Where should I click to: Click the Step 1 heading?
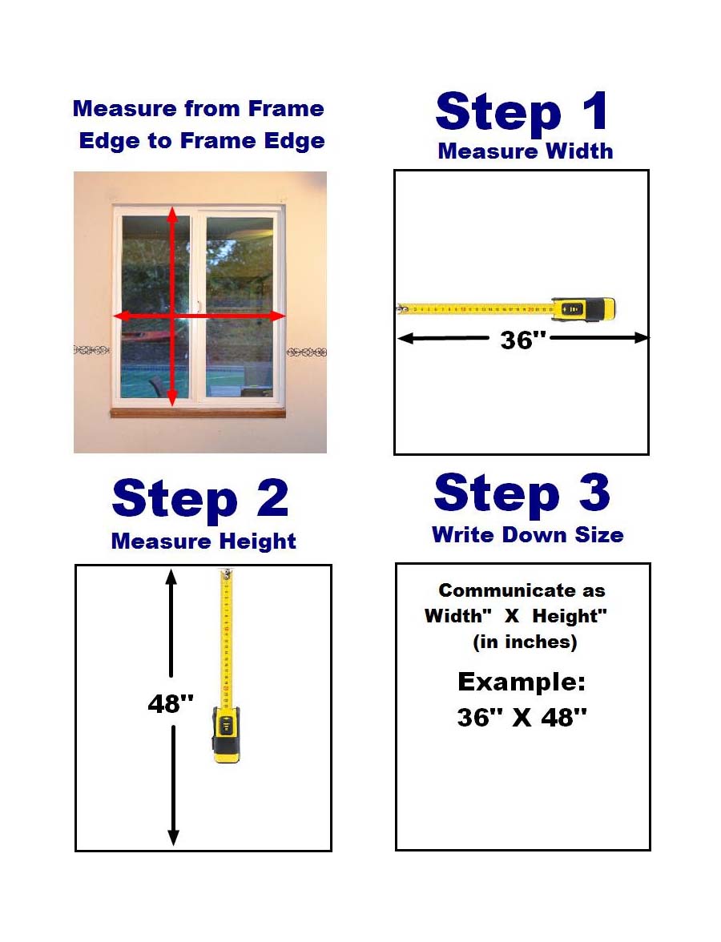click(522, 112)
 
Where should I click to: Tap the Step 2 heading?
click(200, 499)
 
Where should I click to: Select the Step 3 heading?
click(522, 493)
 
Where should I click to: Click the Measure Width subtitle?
click(526, 151)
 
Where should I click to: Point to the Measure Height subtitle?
click(203, 541)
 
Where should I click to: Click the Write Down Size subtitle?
click(527, 535)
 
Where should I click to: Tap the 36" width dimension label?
click(522, 340)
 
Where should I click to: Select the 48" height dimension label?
click(171, 703)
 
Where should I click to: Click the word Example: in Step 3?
click(522, 682)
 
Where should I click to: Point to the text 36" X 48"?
click(522, 718)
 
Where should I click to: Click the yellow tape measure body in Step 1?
click(584, 309)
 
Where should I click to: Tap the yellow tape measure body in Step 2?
click(227, 733)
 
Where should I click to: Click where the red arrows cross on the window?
click(171, 316)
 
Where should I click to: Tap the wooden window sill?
click(197, 413)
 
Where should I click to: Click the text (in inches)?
click(525, 642)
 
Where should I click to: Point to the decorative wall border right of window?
click(306, 352)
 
